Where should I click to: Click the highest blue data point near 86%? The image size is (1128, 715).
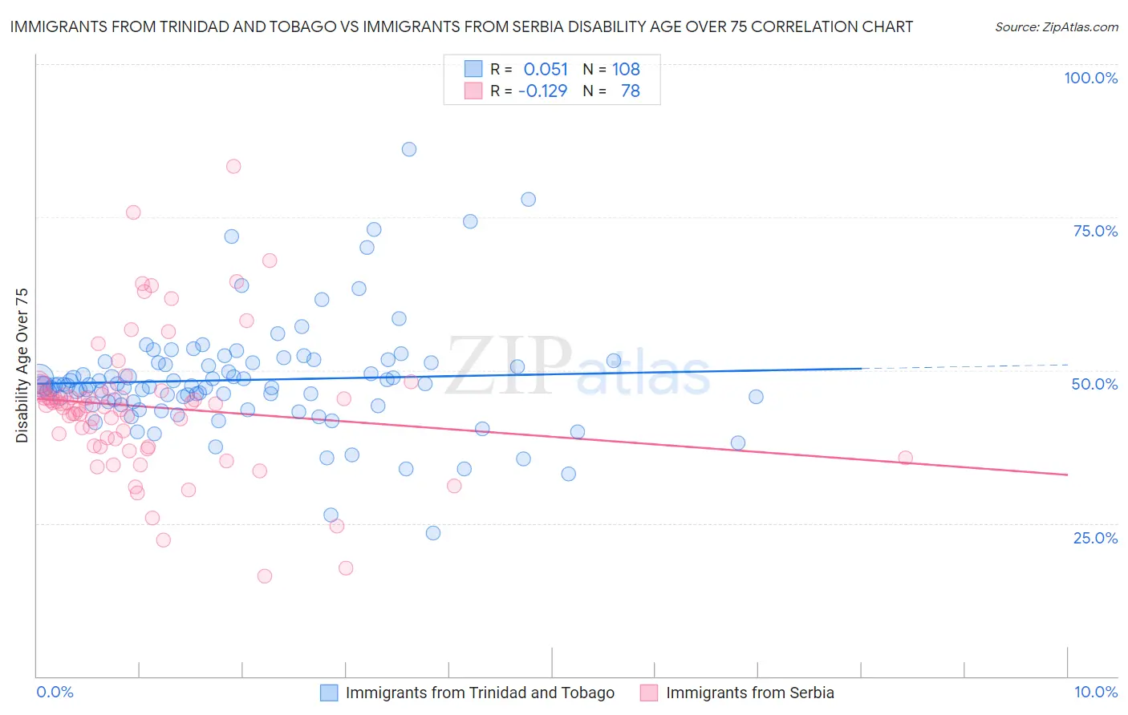409,149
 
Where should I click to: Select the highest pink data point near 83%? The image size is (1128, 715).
233,167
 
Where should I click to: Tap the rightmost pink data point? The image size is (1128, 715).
905,458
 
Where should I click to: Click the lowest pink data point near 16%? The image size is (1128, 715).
265,576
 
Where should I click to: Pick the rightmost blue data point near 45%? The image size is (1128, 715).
756,397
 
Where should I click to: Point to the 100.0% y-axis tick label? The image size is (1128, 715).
1090,78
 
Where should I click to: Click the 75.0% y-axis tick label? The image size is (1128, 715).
1095,231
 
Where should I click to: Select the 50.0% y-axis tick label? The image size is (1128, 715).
1094,384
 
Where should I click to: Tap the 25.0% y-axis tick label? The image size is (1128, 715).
1095,537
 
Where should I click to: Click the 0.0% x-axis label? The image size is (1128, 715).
55,692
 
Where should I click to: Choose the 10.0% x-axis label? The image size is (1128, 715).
1095,692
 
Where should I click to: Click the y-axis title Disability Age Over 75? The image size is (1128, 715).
22,366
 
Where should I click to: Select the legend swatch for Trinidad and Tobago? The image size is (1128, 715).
329,693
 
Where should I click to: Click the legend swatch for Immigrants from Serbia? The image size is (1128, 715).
649,693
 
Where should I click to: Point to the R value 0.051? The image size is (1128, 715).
546,69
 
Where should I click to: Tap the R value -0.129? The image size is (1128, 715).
542,91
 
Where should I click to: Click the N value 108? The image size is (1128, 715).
626,69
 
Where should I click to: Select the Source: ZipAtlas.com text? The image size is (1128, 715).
1056,26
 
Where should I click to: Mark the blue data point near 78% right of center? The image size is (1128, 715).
528,200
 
